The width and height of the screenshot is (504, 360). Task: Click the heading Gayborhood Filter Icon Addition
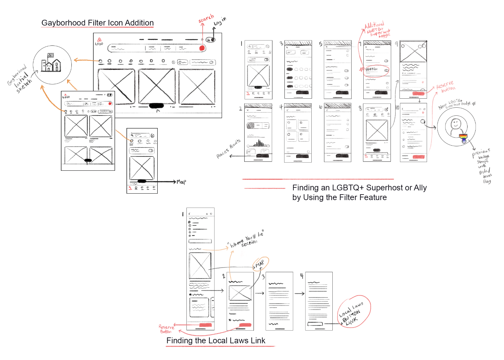click(x=97, y=23)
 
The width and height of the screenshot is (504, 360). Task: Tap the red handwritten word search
click(x=206, y=19)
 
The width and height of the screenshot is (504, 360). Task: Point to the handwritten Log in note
click(x=220, y=21)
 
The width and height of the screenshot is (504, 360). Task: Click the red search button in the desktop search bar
click(x=202, y=48)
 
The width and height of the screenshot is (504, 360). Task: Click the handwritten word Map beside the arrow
click(x=181, y=182)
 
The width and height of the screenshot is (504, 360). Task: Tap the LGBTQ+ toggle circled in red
click(x=386, y=71)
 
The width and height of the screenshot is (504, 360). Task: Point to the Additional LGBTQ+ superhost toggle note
click(x=377, y=30)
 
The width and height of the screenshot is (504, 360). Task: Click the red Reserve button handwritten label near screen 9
click(x=445, y=86)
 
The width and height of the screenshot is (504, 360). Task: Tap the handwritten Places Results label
click(x=229, y=149)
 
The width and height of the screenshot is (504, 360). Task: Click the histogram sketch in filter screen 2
click(x=259, y=144)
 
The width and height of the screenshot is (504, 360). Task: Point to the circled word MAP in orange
click(x=260, y=264)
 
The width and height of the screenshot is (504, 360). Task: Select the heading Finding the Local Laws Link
click(x=216, y=341)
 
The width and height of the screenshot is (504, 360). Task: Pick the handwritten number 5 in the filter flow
click(x=321, y=44)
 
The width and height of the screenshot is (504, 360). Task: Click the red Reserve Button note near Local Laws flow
click(x=166, y=329)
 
